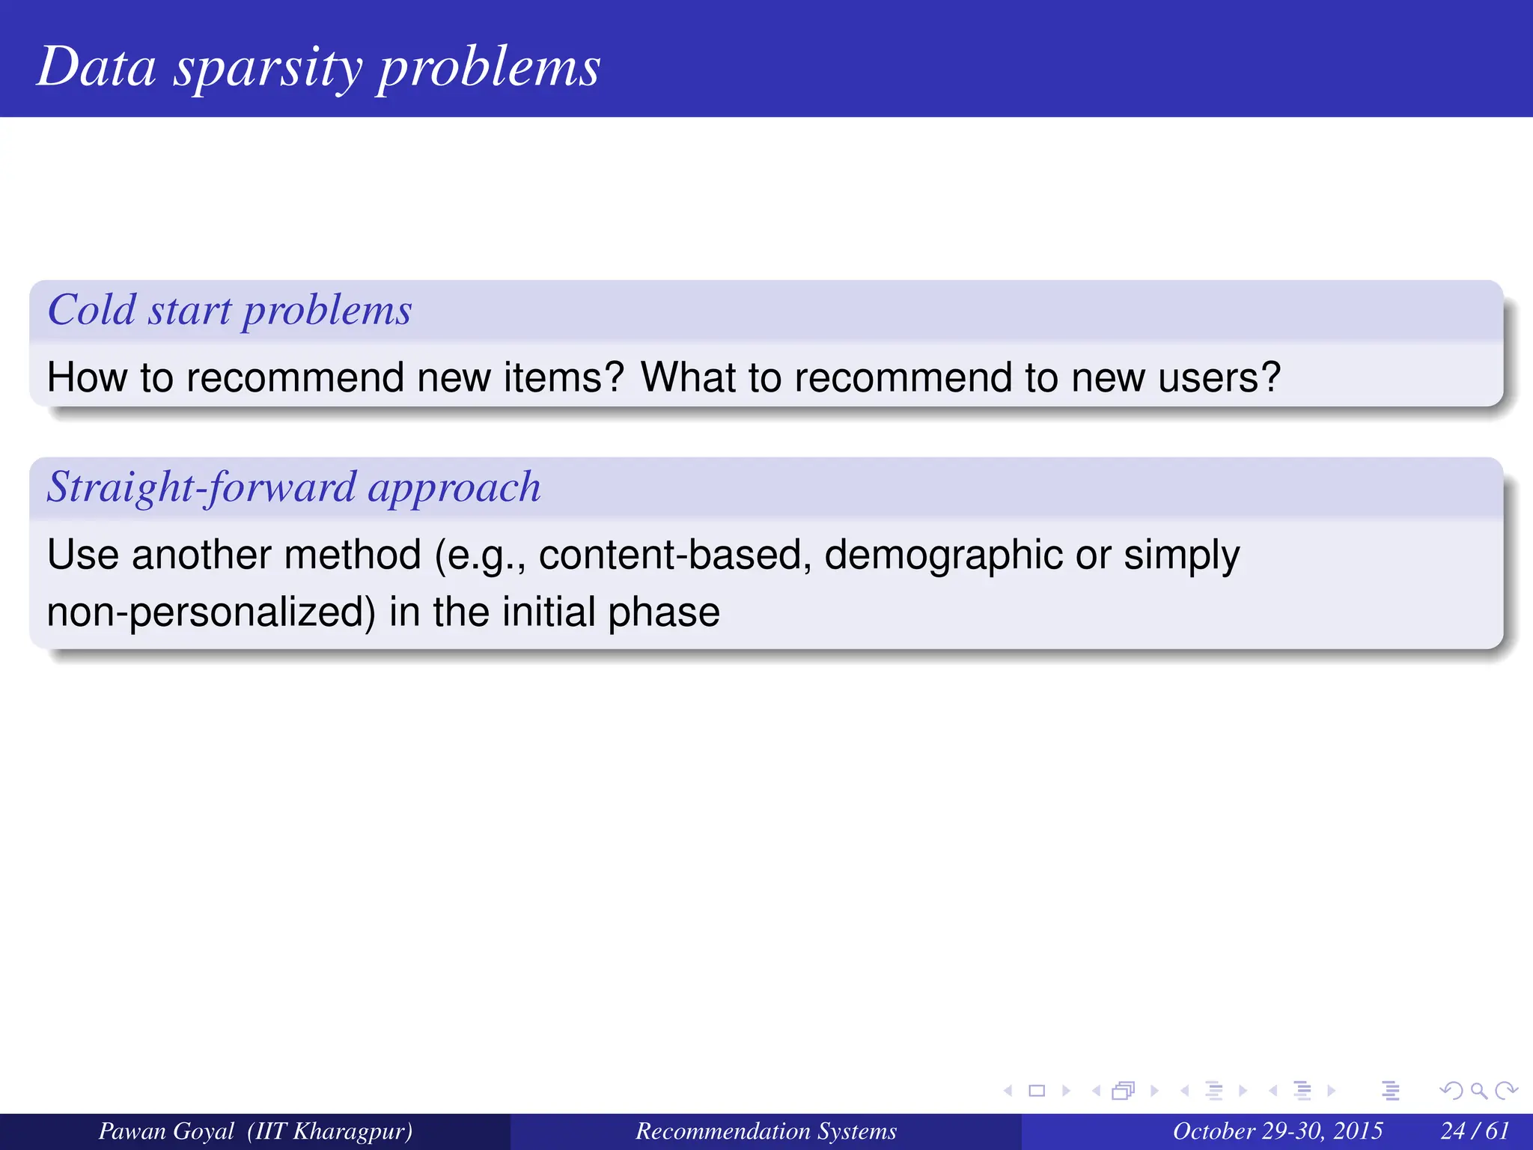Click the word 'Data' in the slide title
(97, 67)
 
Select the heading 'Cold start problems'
(230, 310)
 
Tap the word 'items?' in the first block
(563, 377)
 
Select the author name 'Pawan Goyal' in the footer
(166, 1131)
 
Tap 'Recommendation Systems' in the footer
(766, 1131)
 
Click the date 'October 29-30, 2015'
(1277, 1131)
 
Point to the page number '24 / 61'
(1474, 1131)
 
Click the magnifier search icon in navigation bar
(1478, 1091)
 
